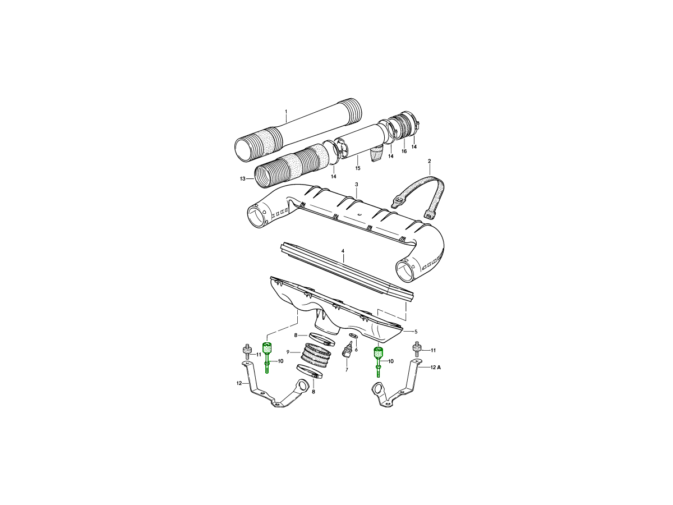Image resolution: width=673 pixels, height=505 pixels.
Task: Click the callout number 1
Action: (x=286, y=111)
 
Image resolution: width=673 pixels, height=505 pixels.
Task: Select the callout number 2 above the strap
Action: (x=429, y=161)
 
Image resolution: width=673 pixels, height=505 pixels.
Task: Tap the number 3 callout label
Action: (x=357, y=185)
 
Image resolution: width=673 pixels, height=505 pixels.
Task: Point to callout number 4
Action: (x=343, y=251)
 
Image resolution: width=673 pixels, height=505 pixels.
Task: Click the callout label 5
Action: (x=416, y=332)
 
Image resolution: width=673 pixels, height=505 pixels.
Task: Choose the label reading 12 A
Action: (x=435, y=368)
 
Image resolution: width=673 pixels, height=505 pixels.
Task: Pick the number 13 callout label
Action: (x=242, y=179)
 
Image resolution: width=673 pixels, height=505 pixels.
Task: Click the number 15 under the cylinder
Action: (x=358, y=168)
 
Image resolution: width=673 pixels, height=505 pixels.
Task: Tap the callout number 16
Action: (x=404, y=151)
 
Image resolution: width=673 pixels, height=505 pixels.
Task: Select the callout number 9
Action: (x=288, y=352)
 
